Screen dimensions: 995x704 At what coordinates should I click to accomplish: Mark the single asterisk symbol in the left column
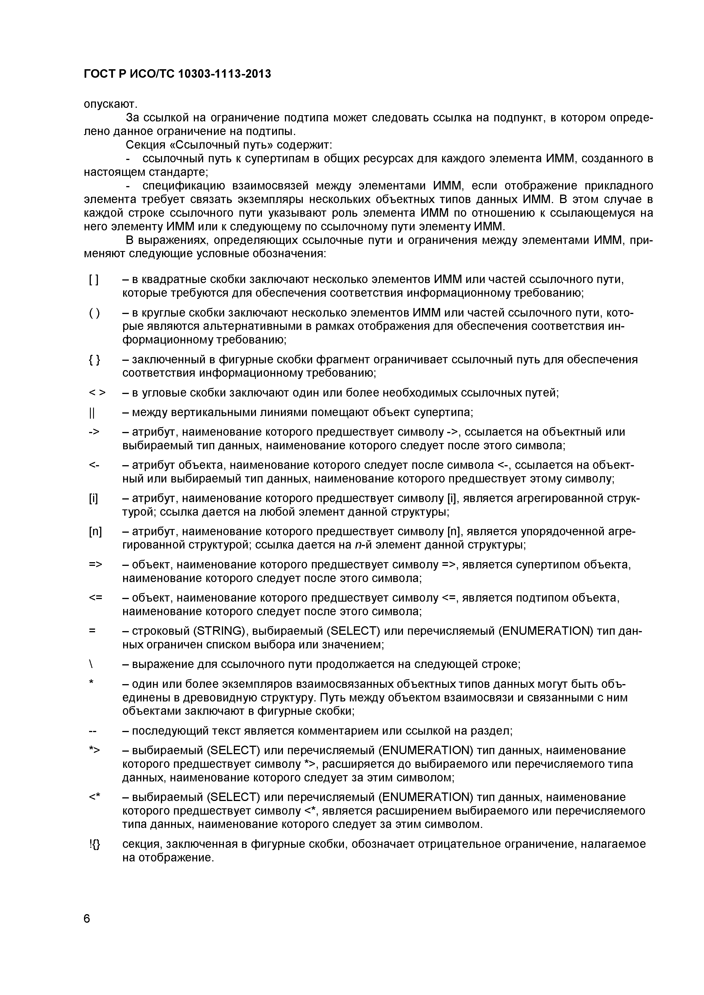pyautogui.click(x=91, y=682)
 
